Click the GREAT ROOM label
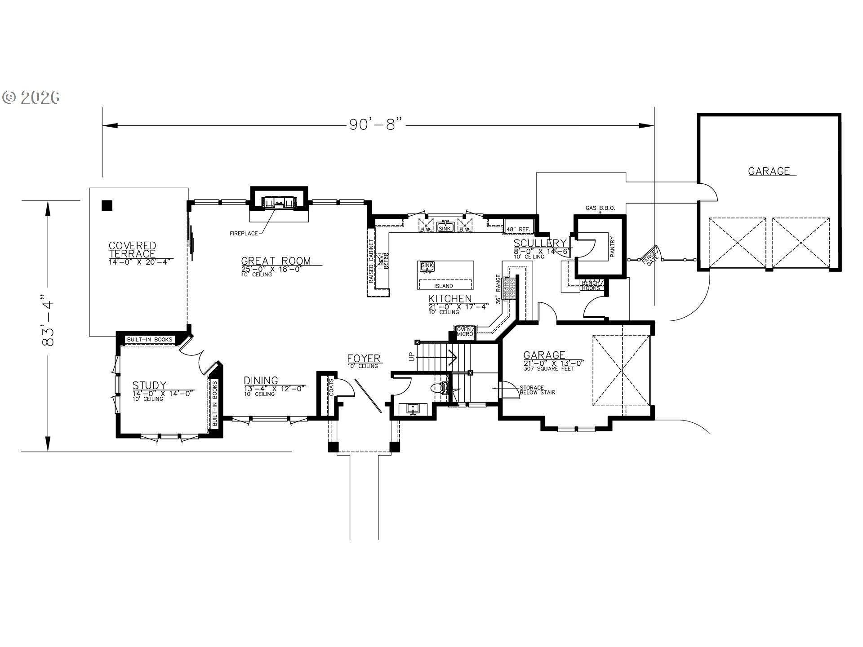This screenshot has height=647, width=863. point(276,261)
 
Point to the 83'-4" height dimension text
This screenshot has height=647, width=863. point(48,320)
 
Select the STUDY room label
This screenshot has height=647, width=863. point(149,386)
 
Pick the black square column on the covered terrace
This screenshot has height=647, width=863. point(107,205)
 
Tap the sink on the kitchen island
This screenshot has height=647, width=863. point(427,266)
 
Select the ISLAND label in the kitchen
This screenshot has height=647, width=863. point(443,286)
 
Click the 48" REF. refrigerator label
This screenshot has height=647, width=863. point(518,230)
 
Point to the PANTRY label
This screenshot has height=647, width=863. point(612,247)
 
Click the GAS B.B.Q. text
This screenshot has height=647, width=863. point(600,208)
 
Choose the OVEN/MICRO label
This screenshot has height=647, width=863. point(464,332)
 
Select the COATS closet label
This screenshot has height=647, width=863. point(331,387)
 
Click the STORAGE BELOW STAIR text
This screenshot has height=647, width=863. point(537,390)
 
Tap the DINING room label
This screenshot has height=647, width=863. point(261,381)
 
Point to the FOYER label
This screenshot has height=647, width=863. point(364,359)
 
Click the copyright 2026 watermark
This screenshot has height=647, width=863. point(31,97)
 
